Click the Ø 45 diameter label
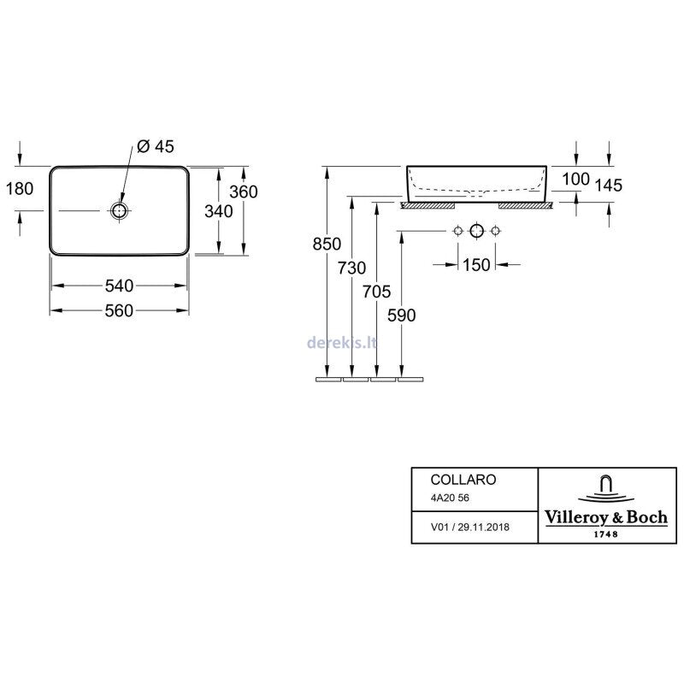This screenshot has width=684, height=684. pos(156,147)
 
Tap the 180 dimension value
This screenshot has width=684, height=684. pos(19,189)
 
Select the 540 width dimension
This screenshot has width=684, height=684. pos(119,285)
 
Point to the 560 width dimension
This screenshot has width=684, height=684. pos(119,310)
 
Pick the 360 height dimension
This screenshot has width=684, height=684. pos(243,192)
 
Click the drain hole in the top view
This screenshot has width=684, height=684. pos(119,210)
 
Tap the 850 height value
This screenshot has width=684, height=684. pos(327,244)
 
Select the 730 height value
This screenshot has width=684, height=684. pos(352,268)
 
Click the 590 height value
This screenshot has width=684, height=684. pos(401,315)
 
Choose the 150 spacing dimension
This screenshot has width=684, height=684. pos(477,265)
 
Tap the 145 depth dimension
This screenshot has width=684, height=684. pos(609,186)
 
